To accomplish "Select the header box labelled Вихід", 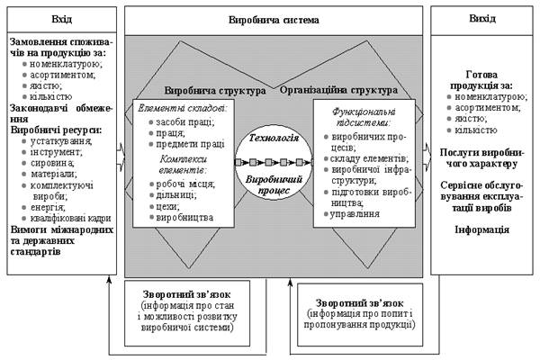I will pyautogui.click(x=481, y=18).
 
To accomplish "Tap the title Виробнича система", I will pyautogui.click(x=274, y=18).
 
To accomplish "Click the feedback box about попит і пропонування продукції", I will pyautogui.click(x=360, y=311).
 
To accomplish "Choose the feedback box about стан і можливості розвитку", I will pyautogui.click(x=184, y=311).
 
